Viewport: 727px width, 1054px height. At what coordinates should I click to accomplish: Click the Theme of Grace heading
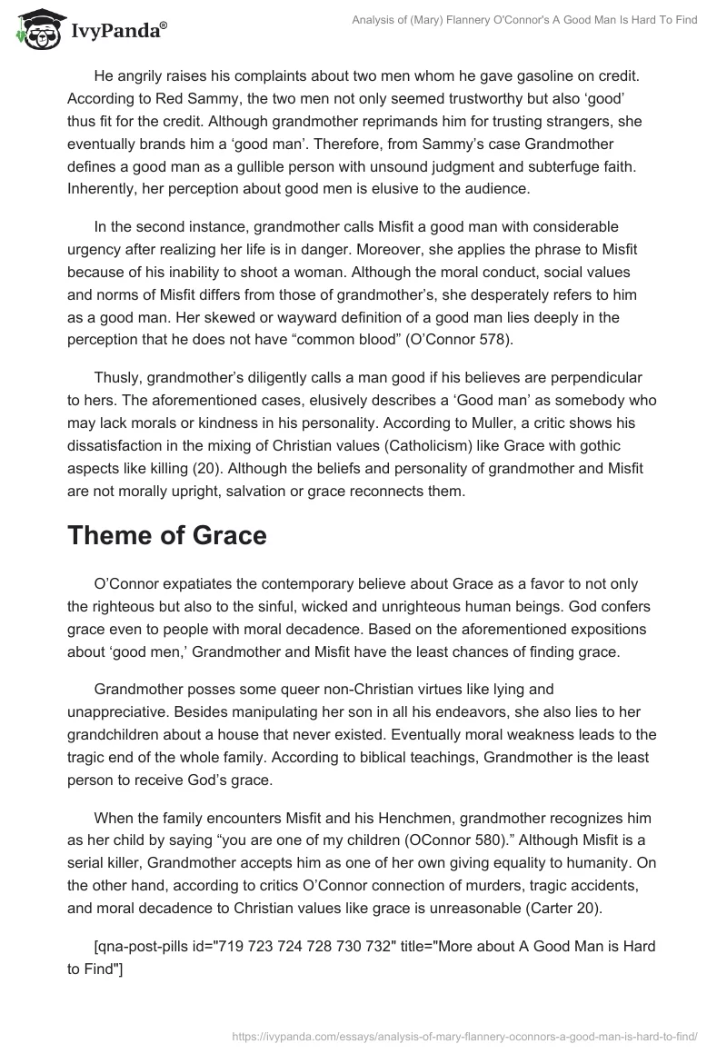click(x=167, y=535)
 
